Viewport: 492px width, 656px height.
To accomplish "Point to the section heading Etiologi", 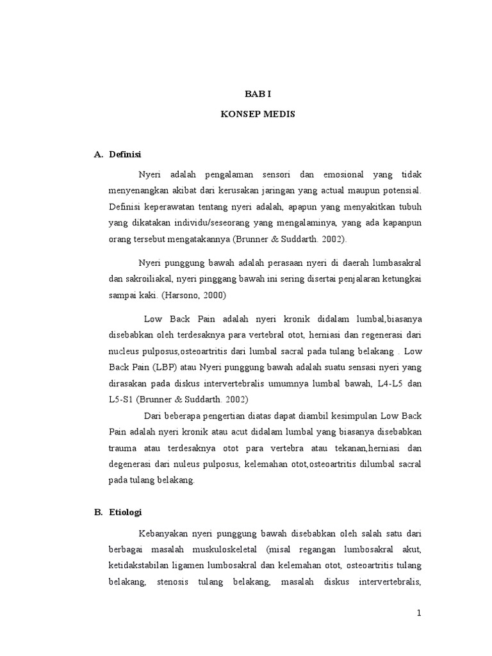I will [x=126, y=512].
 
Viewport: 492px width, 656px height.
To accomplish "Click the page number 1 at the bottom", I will [x=419, y=613].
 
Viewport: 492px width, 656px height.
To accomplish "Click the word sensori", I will [x=275, y=175].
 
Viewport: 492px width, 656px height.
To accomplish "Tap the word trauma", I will [x=124, y=447].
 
